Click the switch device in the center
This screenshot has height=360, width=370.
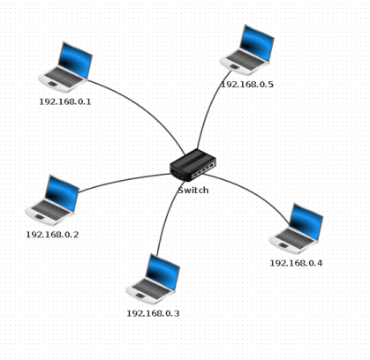coord(193,165)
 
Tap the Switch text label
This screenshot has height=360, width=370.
coord(193,191)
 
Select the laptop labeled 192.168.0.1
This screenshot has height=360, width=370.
coord(65,67)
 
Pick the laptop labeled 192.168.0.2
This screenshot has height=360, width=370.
coord(52,200)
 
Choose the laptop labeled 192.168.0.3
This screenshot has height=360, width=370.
coord(153,279)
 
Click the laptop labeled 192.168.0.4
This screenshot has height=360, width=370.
coord(297,229)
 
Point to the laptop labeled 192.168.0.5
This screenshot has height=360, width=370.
coord(247,50)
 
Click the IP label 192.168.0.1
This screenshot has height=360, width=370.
coord(65,101)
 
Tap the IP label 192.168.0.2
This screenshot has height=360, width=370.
coord(52,235)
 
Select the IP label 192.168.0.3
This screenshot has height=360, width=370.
coord(153,313)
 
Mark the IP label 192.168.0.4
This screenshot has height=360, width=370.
coord(296,263)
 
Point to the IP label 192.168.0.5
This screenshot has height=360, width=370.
coord(247,85)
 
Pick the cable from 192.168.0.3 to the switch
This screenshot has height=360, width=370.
coord(167,217)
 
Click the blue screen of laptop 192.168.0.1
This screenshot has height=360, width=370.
coord(76,60)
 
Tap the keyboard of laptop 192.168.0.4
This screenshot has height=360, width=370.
coord(294,237)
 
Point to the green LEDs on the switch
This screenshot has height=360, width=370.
coord(177,174)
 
